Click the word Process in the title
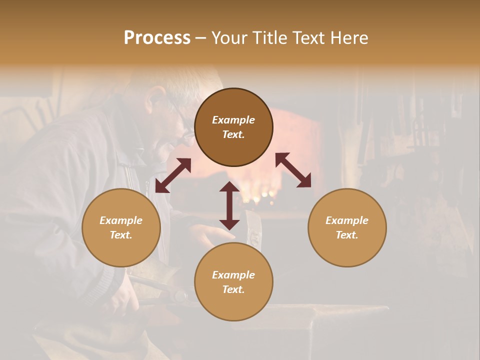157,38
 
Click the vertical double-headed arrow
229,205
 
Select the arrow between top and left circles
173,175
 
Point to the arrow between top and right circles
293,170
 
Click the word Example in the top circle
233,120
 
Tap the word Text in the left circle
121,235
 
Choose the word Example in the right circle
347,220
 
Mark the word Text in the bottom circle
233,289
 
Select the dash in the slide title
201,38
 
